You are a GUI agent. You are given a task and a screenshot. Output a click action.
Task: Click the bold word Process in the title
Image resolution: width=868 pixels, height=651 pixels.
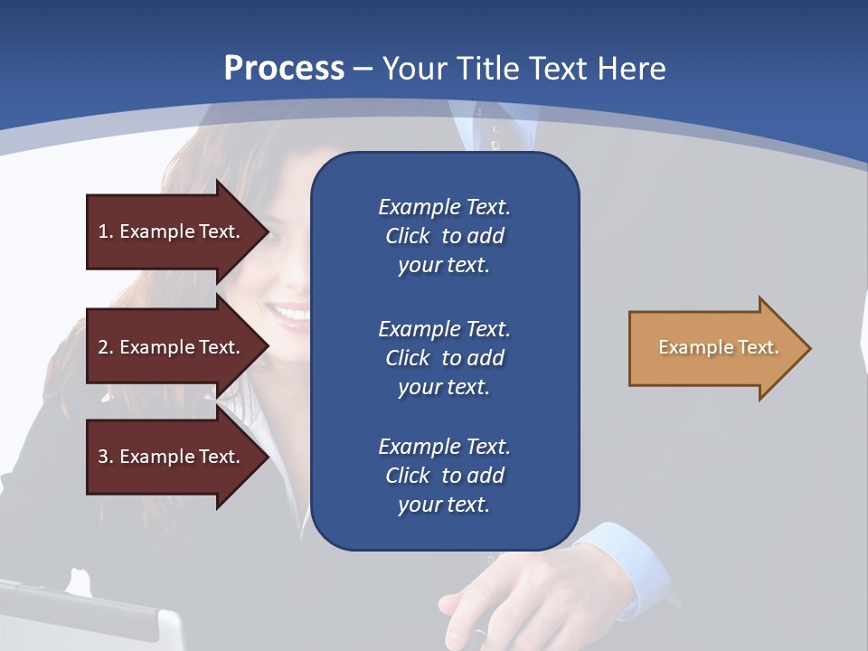pos(284,68)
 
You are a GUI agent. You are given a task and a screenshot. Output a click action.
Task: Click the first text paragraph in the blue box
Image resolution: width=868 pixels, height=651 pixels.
pos(444,236)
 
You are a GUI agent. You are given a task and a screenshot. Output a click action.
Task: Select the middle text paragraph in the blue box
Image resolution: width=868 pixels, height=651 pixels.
pos(444,358)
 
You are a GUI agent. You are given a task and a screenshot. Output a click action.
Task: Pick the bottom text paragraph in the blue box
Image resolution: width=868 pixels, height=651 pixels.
pos(444,476)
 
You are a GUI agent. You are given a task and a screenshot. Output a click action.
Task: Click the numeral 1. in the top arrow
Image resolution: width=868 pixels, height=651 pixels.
pos(106,231)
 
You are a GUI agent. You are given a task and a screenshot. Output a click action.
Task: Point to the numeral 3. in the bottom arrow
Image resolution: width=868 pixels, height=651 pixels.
pos(106,457)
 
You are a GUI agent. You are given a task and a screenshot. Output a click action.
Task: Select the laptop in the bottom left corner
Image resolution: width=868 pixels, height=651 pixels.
pos(90,615)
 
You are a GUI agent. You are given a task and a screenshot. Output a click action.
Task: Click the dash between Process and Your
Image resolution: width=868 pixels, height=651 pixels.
pos(363,68)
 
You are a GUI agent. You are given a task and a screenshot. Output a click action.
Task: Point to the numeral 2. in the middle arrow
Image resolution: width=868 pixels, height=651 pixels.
pos(106,347)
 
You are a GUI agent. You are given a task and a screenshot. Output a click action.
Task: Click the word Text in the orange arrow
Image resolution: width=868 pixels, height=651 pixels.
pos(758,347)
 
